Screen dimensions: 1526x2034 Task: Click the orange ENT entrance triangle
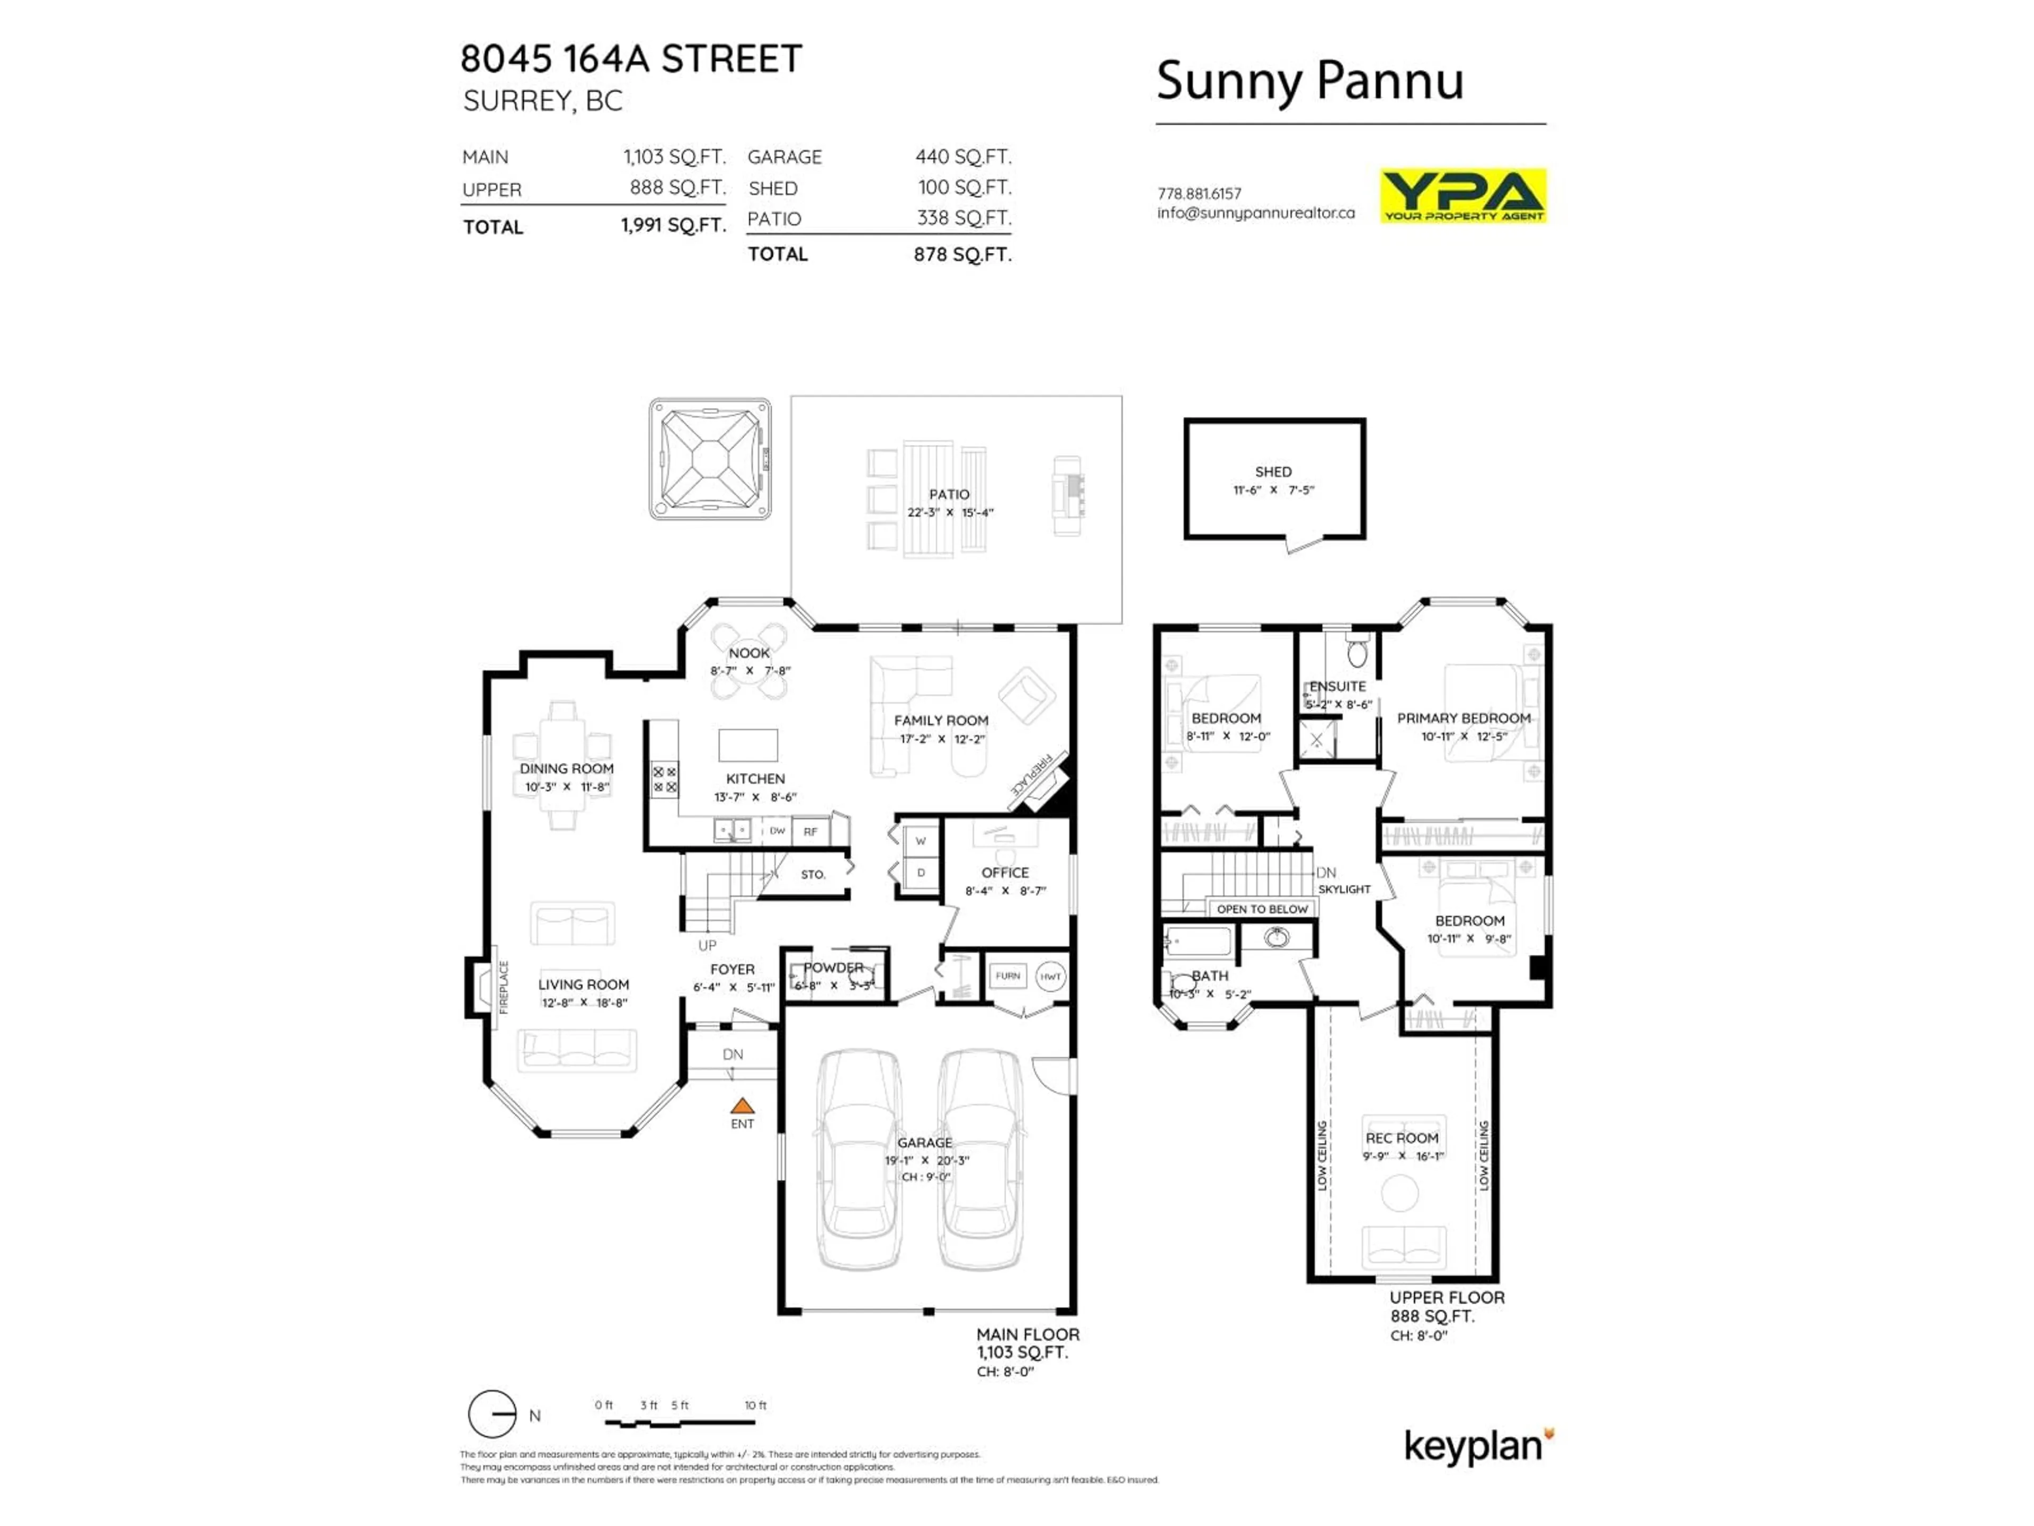(x=742, y=1106)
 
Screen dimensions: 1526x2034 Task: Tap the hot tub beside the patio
(x=710, y=458)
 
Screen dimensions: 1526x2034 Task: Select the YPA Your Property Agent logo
(x=1463, y=195)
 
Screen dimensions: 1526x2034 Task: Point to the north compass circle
(x=492, y=1414)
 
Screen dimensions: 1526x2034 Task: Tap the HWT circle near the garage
(x=1050, y=977)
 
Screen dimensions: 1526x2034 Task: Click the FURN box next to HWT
(x=1008, y=976)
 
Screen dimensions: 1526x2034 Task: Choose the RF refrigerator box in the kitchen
(x=810, y=831)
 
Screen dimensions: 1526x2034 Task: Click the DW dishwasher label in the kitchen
(x=777, y=831)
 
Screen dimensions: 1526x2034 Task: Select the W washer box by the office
(x=921, y=841)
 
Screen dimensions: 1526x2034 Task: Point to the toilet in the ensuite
(x=1357, y=652)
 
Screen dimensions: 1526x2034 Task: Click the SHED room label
(x=1273, y=471)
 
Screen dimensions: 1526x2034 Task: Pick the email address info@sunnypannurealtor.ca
(x=1255, y=212)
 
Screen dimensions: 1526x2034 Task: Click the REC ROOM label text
(x=1402, y=1138)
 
